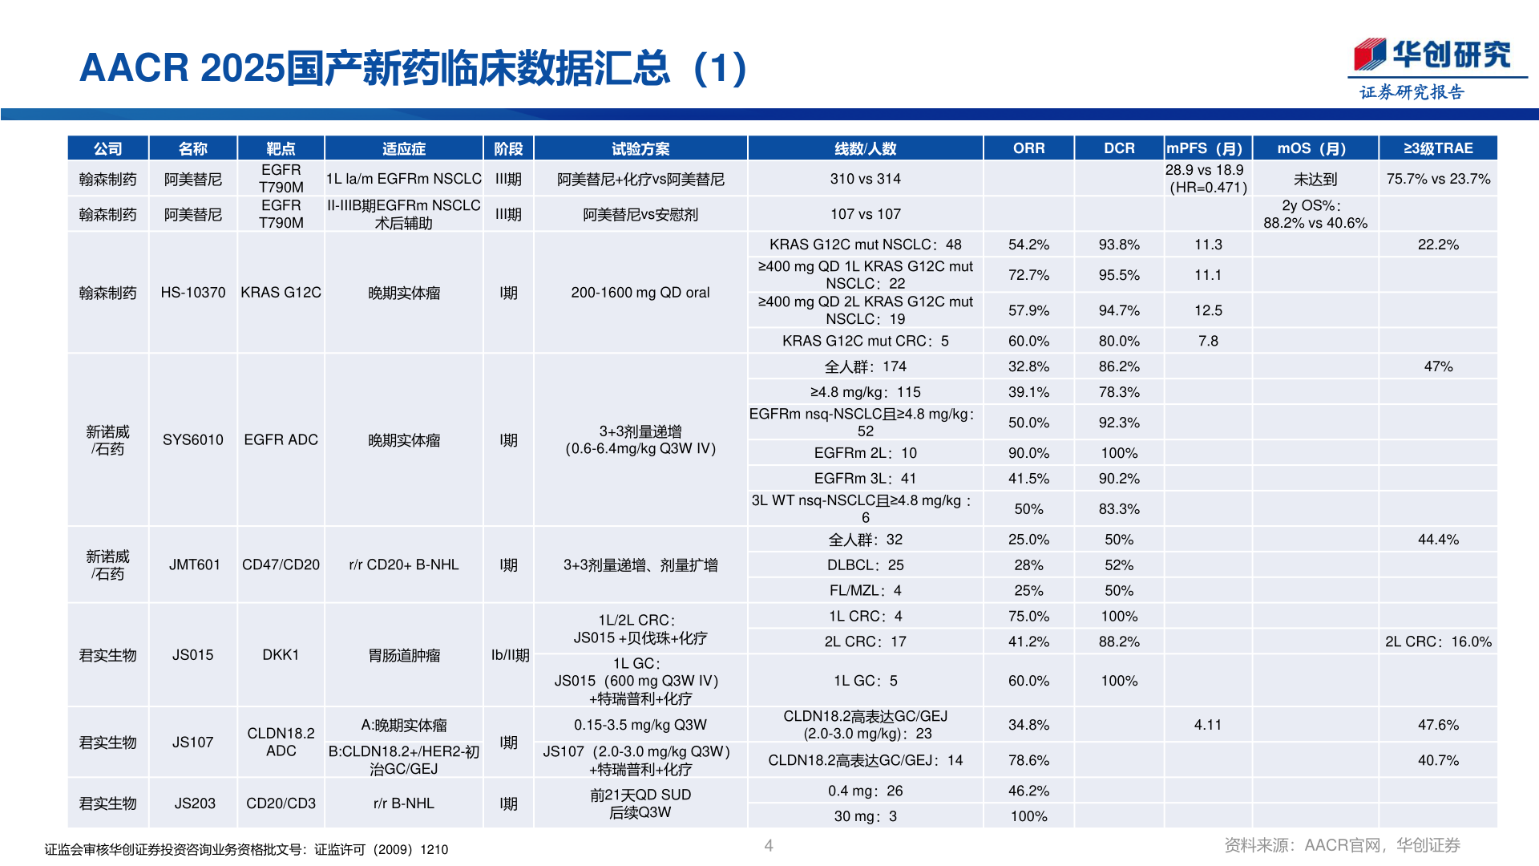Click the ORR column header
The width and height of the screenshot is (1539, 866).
point(1028,148)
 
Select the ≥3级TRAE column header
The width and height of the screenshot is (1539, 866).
point(1438,148)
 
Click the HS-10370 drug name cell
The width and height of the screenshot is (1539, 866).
point(193,293)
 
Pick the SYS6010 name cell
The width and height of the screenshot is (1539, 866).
point(193,439)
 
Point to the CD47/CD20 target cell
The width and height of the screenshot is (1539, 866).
point(281,565)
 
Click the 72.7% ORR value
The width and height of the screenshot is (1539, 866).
point(1028,275)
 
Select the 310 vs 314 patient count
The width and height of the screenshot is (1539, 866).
point(865,179)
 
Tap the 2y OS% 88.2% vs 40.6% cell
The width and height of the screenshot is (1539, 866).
point(1315,214)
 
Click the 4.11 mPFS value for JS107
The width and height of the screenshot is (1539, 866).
point(1207,725)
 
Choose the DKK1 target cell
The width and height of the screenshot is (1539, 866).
point(281,655)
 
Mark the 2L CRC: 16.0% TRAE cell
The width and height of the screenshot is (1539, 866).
point(1438,641)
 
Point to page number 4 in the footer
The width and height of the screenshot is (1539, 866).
point(769,845)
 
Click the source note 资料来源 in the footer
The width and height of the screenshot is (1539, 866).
point(1342,845)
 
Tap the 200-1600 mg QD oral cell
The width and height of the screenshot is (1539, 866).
point(640,293)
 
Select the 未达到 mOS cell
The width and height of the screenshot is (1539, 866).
point(1315,180)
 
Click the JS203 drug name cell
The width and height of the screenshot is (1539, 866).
point(195,803)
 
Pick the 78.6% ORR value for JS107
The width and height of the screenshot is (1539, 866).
point(1028,760)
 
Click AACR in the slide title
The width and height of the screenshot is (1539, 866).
point(134,68)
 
